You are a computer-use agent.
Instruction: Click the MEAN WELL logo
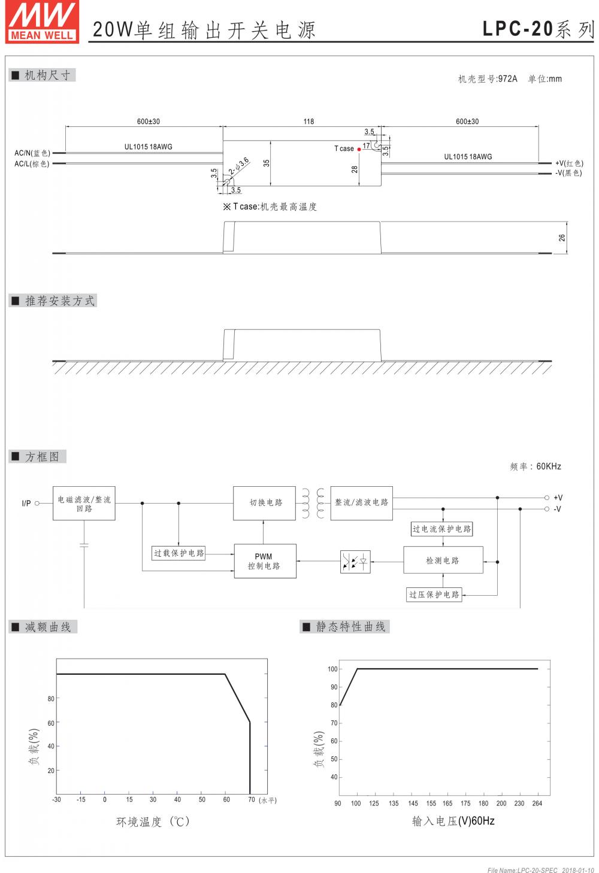click(42, 22)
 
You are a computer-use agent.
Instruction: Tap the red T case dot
click(359, 148)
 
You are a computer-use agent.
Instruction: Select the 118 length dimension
click(308, 122)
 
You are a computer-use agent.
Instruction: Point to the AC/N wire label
click(32, 153)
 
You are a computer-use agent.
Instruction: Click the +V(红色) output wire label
click(568, 163)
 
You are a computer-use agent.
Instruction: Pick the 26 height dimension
click(562, 238)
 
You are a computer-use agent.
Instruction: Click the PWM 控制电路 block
click(264, 561)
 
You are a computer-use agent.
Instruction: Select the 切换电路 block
click(264, 502)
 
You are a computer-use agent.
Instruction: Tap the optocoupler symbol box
click(355, 562)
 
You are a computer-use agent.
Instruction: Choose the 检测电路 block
click(443, 560)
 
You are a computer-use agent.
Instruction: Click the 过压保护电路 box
click(434, 595)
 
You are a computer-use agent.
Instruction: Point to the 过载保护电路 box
click(179, 553)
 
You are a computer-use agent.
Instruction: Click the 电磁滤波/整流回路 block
click(84, 503)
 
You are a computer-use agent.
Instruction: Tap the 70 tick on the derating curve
click(252, 799)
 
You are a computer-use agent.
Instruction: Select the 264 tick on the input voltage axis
click(537, 804)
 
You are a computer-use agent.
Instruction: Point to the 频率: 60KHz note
click(536, 466)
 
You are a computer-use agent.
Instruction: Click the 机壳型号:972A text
click(488, 78)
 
